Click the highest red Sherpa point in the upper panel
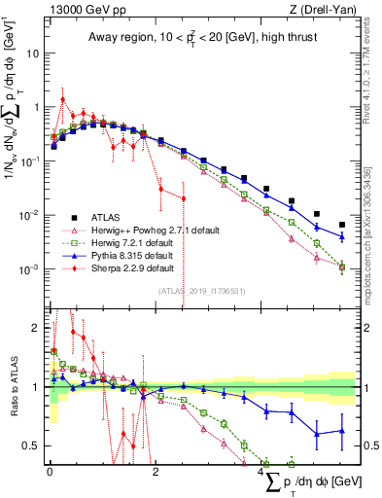(62, 99)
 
